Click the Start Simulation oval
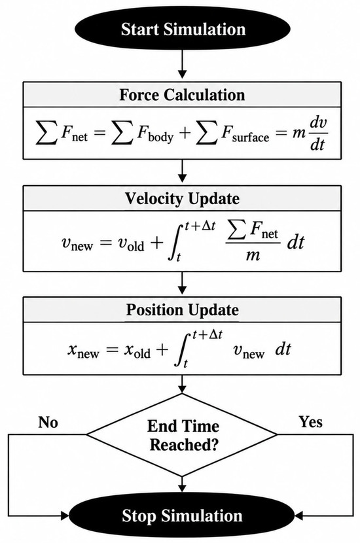(182, 29)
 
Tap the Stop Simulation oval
(182, 516)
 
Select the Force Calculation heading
(182, 95)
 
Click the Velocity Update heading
(182, 198)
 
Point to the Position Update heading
(182, 309)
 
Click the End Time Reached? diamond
(182, 434)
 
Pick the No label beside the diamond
(48, 422)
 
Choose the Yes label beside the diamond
(310, 422)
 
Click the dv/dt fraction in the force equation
(318, 133)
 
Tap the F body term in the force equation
(155, 133)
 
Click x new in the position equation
(83, 351)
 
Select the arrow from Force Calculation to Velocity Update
(182, 171)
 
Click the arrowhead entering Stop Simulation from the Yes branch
(299, 516)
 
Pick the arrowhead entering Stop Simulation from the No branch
(65, 516)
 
